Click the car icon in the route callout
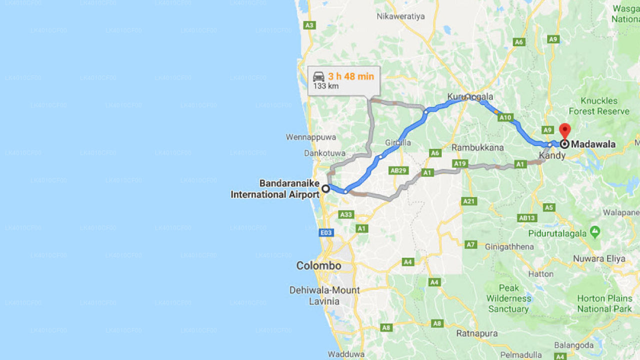(318, 76)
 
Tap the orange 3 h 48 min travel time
(351, 76)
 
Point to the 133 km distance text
(326, 86)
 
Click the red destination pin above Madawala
(564, 131)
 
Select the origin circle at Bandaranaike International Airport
(325, 188)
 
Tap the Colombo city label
(318, 265)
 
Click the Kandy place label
(552, 155)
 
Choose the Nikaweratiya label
(400, 16)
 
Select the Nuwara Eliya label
(599, 259)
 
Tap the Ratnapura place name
(476, 333)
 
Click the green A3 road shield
(309, 25)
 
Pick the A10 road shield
(505, 117)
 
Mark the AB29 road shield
(398, 170)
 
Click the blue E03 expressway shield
(326, 232)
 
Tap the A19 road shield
(459, 163)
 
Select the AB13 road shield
(527, 218)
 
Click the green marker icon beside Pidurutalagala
(594, 231)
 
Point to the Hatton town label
(541, 274)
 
